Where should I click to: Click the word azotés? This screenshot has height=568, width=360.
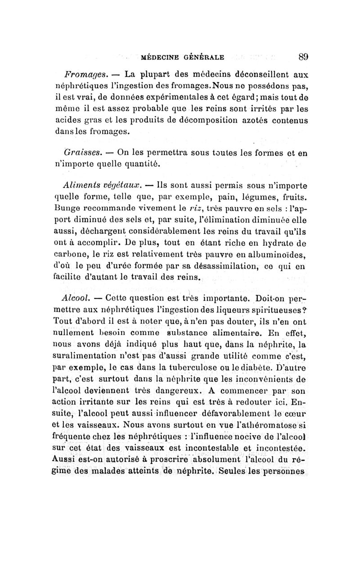246,119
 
